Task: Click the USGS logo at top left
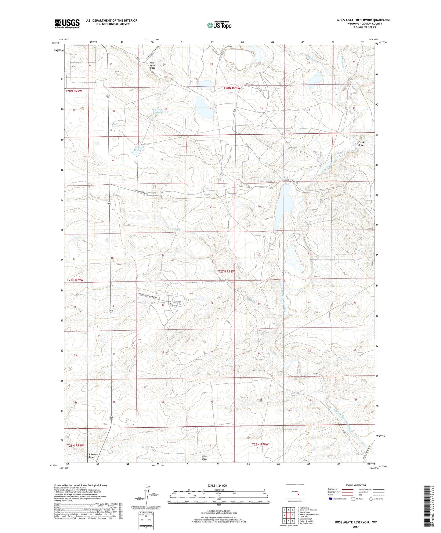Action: tap(67, 23)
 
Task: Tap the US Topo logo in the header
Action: tap(219, 25)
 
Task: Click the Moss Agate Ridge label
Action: tap(152, 65)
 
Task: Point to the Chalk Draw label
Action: tap(361, 143)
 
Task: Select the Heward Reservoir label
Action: tap(139, 148)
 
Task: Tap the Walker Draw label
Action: tap(204, 458)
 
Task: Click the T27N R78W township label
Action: tap(226, 271)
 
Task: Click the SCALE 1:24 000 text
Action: tap(217, 485)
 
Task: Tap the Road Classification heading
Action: tap(356, 485)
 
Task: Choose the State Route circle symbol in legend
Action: tap(371, 499)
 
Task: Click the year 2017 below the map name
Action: tap(356, 527)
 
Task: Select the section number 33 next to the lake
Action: tap(211, 109)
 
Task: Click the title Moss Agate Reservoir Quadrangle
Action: tap(364, 20)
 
